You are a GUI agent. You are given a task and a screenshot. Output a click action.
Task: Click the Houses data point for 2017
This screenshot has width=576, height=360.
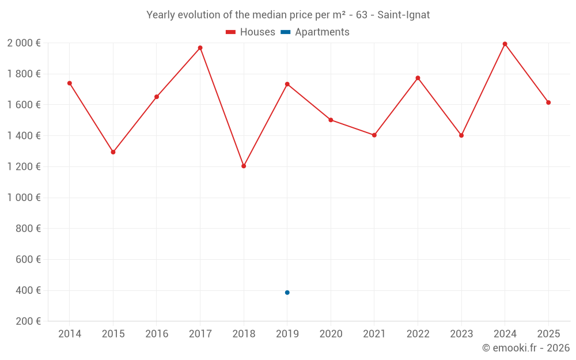point(200,48)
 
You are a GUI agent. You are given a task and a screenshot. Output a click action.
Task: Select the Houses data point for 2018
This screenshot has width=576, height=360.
point(244,166)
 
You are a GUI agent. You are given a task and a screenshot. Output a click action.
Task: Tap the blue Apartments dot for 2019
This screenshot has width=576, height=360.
point(287,293)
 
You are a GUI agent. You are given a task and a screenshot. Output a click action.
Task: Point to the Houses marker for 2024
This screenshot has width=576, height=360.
point(505,44)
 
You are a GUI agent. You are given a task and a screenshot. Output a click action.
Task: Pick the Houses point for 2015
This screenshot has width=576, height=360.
point(113,152)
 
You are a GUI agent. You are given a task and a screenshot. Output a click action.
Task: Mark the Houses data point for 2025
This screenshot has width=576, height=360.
point(548,103)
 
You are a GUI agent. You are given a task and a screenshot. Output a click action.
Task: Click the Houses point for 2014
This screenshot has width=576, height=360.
point(70,83)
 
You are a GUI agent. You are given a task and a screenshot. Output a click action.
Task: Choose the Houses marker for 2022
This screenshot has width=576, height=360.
point(418,78)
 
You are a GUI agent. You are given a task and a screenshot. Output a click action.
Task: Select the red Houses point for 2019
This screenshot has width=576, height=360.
point(287,84)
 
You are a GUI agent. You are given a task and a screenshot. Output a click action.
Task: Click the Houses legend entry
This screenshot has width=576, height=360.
point(251,32)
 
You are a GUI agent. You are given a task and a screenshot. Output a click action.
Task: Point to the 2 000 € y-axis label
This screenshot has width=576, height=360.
point(24,43)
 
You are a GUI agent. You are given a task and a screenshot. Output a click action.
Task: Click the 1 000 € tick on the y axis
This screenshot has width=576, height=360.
point(24,198)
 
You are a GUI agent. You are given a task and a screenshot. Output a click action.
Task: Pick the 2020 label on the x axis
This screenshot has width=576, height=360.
point(331,334)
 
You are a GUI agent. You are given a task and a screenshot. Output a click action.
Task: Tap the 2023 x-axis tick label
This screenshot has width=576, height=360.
point(461,334)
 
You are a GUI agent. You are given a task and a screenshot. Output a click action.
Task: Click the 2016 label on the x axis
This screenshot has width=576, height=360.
point(157,334)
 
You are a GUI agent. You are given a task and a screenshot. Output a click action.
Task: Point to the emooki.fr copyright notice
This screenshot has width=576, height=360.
point(525,348)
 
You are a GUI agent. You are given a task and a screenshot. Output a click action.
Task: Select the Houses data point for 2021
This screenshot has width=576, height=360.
point(374,135)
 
